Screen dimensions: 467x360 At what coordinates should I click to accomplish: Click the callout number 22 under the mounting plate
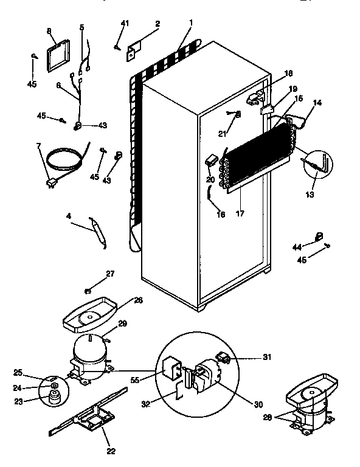click(111, 451)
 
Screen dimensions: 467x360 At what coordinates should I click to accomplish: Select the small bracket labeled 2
click(133, 50)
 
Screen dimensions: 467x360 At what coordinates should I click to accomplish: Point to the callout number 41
click(125, 24)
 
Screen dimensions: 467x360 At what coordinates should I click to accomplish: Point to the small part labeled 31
click(223, 358)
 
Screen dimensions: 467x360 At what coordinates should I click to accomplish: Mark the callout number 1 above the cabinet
click(190, 22)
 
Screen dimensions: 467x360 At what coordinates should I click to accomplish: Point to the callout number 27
click(110, 274)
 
